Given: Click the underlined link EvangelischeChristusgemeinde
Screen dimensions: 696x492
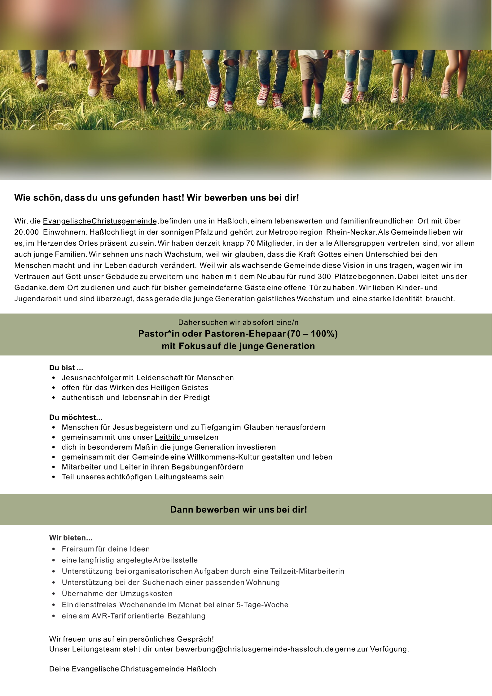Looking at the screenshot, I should point(100,221).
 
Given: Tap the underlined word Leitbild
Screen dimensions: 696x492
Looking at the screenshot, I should point(168,437).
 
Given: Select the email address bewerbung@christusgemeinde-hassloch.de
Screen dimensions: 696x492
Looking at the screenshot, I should point(255,649).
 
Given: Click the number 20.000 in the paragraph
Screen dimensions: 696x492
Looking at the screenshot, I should point(27,232).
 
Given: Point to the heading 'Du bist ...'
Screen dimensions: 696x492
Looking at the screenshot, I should point(66,368).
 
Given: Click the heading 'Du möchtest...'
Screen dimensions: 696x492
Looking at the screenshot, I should point(76,417).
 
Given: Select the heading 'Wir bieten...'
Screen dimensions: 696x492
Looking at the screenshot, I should point(71,538).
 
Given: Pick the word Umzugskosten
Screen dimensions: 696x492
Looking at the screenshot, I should point(146,594).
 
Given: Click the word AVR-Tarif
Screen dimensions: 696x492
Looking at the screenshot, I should point(109,616).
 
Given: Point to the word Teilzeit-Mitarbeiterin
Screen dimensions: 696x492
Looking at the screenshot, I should point(307,571).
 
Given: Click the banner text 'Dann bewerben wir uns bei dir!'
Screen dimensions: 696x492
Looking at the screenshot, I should point(239,510).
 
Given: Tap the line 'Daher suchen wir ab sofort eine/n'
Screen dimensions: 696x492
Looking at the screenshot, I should point(238,323).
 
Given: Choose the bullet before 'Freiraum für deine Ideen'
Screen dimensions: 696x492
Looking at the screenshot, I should point(54,549).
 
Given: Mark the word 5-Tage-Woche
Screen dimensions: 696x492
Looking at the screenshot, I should point(262,605).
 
